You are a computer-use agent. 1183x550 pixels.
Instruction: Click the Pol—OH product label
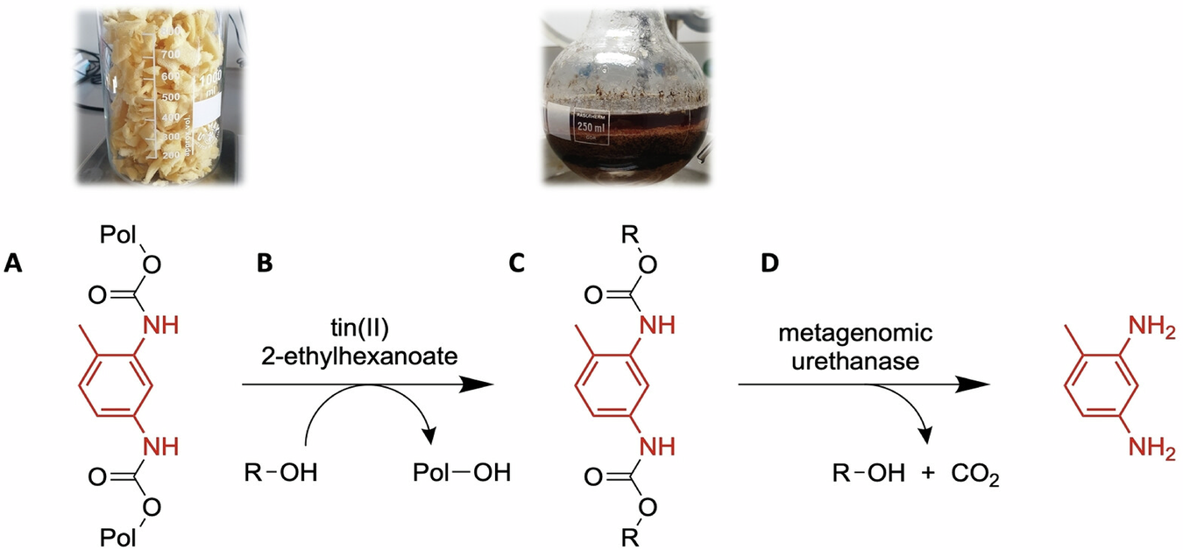[x=461, y=473]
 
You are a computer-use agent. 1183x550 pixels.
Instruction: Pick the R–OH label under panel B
[x=279, y=473]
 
